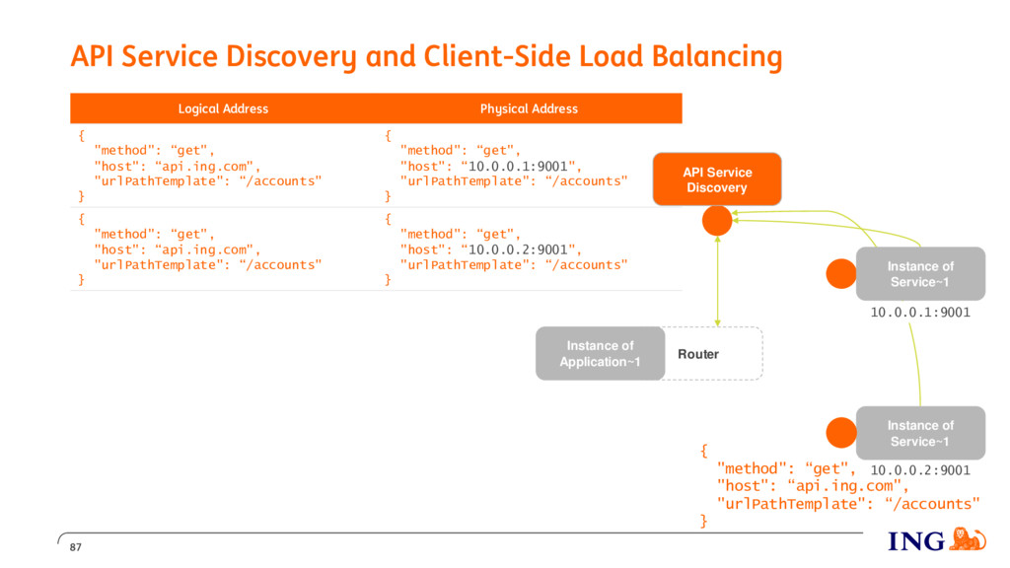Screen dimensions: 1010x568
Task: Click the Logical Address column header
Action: point(223,108)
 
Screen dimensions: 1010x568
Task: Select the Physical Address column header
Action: point(529,108)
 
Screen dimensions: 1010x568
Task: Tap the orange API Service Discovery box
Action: point(717,179)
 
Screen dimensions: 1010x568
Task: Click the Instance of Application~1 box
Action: point(601,354)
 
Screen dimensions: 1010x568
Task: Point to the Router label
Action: point(698,354)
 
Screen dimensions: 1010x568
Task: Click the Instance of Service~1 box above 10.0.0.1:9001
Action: point(920,274)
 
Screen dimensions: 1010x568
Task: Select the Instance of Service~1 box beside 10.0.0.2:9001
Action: point(920,433)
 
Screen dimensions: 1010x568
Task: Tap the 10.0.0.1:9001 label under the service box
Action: point(920,313)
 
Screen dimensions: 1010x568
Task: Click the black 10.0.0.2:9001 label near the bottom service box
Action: point(920,470)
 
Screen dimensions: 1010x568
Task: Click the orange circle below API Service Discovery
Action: point(717,221)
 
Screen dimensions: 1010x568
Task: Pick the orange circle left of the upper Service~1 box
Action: point(841,274)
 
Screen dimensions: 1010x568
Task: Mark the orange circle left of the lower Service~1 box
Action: point(841,433)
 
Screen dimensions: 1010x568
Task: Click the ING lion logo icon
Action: point(968,539)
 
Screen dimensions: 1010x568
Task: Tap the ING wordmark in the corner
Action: point(916,541)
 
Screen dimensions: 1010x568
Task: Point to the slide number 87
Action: point(76,547)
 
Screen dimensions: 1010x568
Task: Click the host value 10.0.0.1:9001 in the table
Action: point(517,166)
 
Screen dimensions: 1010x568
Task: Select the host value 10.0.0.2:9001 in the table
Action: point(517,249)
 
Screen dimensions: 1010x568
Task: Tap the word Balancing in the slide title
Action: point(717,56)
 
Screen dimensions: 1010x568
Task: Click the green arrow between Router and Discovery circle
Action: point(718,281)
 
